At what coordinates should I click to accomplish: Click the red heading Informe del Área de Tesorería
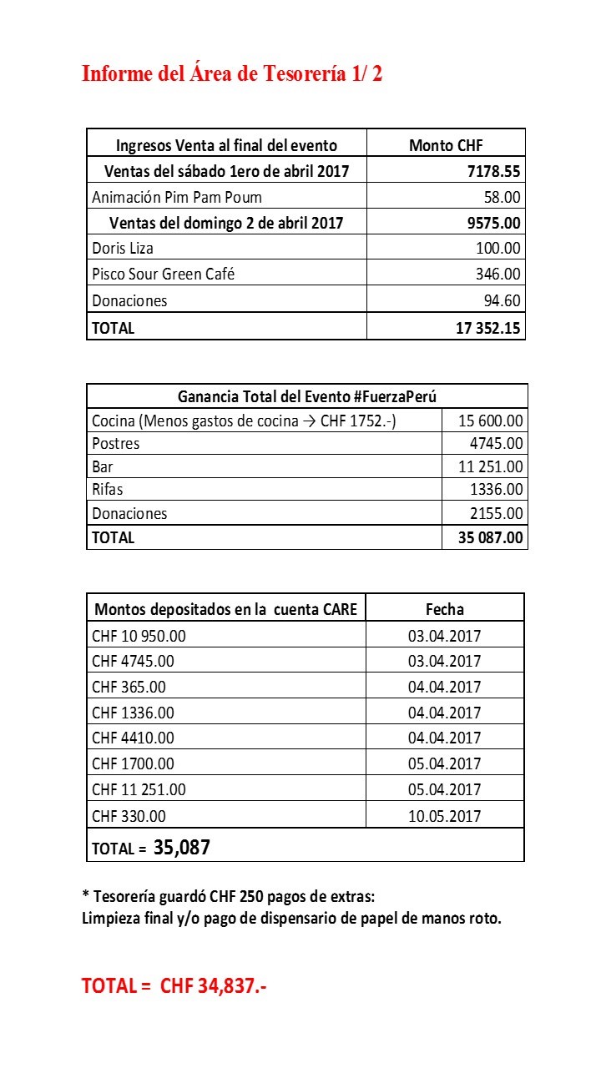[x=232, y=73]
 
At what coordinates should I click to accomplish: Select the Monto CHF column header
[x=446, y=145]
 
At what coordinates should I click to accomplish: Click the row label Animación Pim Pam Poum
[x=177, y=198]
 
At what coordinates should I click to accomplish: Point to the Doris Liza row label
[x=123, y=249]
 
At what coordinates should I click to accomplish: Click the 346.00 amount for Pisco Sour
[x=498, y=274]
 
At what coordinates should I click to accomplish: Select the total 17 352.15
[x=488, y=328]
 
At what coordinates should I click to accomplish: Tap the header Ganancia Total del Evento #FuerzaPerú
[x=307, y=396]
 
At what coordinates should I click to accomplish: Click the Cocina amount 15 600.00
[x=491, y=421]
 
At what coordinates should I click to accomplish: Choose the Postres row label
[x=116, y=444]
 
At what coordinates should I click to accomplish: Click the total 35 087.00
[x=491, y=537]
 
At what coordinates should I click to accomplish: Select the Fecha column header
[x=445, y=608]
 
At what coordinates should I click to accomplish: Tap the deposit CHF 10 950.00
[x=139, y=636]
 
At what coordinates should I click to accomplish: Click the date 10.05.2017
[x=445, y=816]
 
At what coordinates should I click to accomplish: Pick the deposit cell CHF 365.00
[x=129, y=688]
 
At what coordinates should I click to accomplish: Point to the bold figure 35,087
[x=182, y=849]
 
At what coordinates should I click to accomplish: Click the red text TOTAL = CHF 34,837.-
[x=174, y=986]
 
